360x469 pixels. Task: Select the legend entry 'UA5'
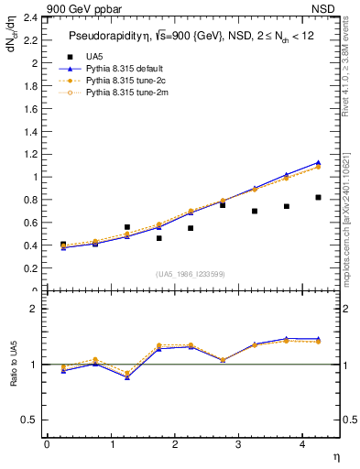click(x=94, y=56)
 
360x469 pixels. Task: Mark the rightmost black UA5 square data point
click(x=318, y=197)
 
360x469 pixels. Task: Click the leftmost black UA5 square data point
click(x=63, y=245)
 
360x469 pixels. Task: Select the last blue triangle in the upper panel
click(x=318, y=162)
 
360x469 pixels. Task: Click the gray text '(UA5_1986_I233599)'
click(x=191, y=273)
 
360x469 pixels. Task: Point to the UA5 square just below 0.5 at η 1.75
click(x=158, y=238)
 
